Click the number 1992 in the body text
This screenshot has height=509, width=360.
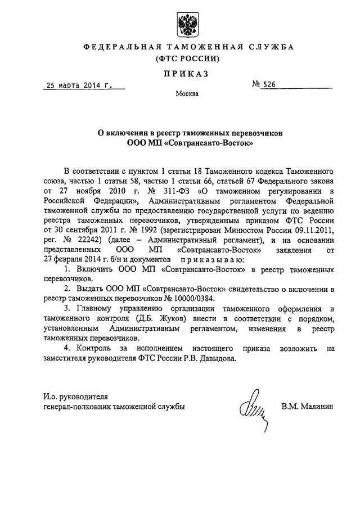click(148, 231)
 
